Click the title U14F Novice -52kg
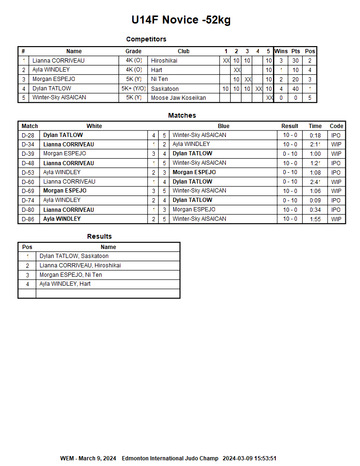pos(181,20)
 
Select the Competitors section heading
pos(146,39)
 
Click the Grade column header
pos(133,51)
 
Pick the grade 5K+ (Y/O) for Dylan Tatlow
pos(133,88)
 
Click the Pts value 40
pos(296,88)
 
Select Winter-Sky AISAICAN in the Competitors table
pos(59,98)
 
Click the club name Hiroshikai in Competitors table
pos(164,61)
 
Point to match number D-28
pos(28,135)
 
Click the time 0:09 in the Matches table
pos(315,200)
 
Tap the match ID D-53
pos(28,172)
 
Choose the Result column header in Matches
pos(289,126)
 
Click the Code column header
pos(336,126)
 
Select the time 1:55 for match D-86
pos(315,219)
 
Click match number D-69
pos(28,191)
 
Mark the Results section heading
pos(99,236)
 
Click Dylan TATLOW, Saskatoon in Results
pos(74,256)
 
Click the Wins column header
pos(281,51)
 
